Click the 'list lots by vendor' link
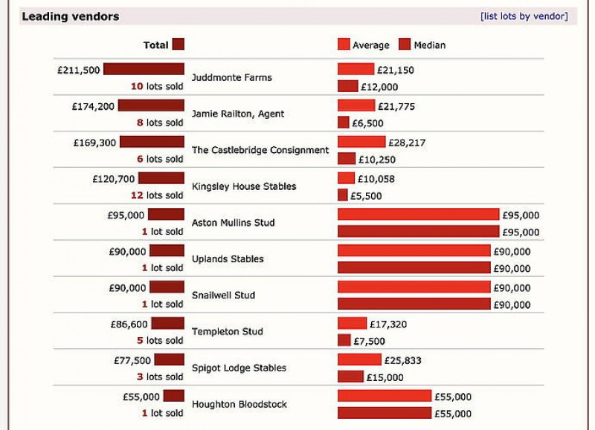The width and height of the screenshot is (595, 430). [x=524, y=16]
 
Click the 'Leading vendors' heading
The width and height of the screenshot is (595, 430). [x=70, y=16]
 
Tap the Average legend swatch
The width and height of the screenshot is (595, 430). [x=344, y=45]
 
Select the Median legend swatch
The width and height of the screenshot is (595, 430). [x=405, y=45]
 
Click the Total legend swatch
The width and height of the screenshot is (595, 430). [x=178, y=45]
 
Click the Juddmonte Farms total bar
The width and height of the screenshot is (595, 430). [x=144, y=69]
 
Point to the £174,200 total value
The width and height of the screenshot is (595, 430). [x=94, y=106]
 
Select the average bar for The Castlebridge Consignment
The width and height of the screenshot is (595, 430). [x=361, y=142]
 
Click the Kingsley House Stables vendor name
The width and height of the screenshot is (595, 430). [x=244, y=186]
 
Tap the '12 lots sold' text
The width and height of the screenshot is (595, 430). [x=156, y=195]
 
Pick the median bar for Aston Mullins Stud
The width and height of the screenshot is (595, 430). [x=418, y=232]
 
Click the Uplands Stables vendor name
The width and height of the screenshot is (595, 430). [x=228, y=259]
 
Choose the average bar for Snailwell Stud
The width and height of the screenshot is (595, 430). [x=414, y=287]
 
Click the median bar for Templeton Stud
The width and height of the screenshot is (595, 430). [x=344, y=340]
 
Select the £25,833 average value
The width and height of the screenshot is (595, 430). [x=403, y=360]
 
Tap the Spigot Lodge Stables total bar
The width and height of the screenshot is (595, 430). [x=169, y=359]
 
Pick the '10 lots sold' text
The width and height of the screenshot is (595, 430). [x=156, y=86]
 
